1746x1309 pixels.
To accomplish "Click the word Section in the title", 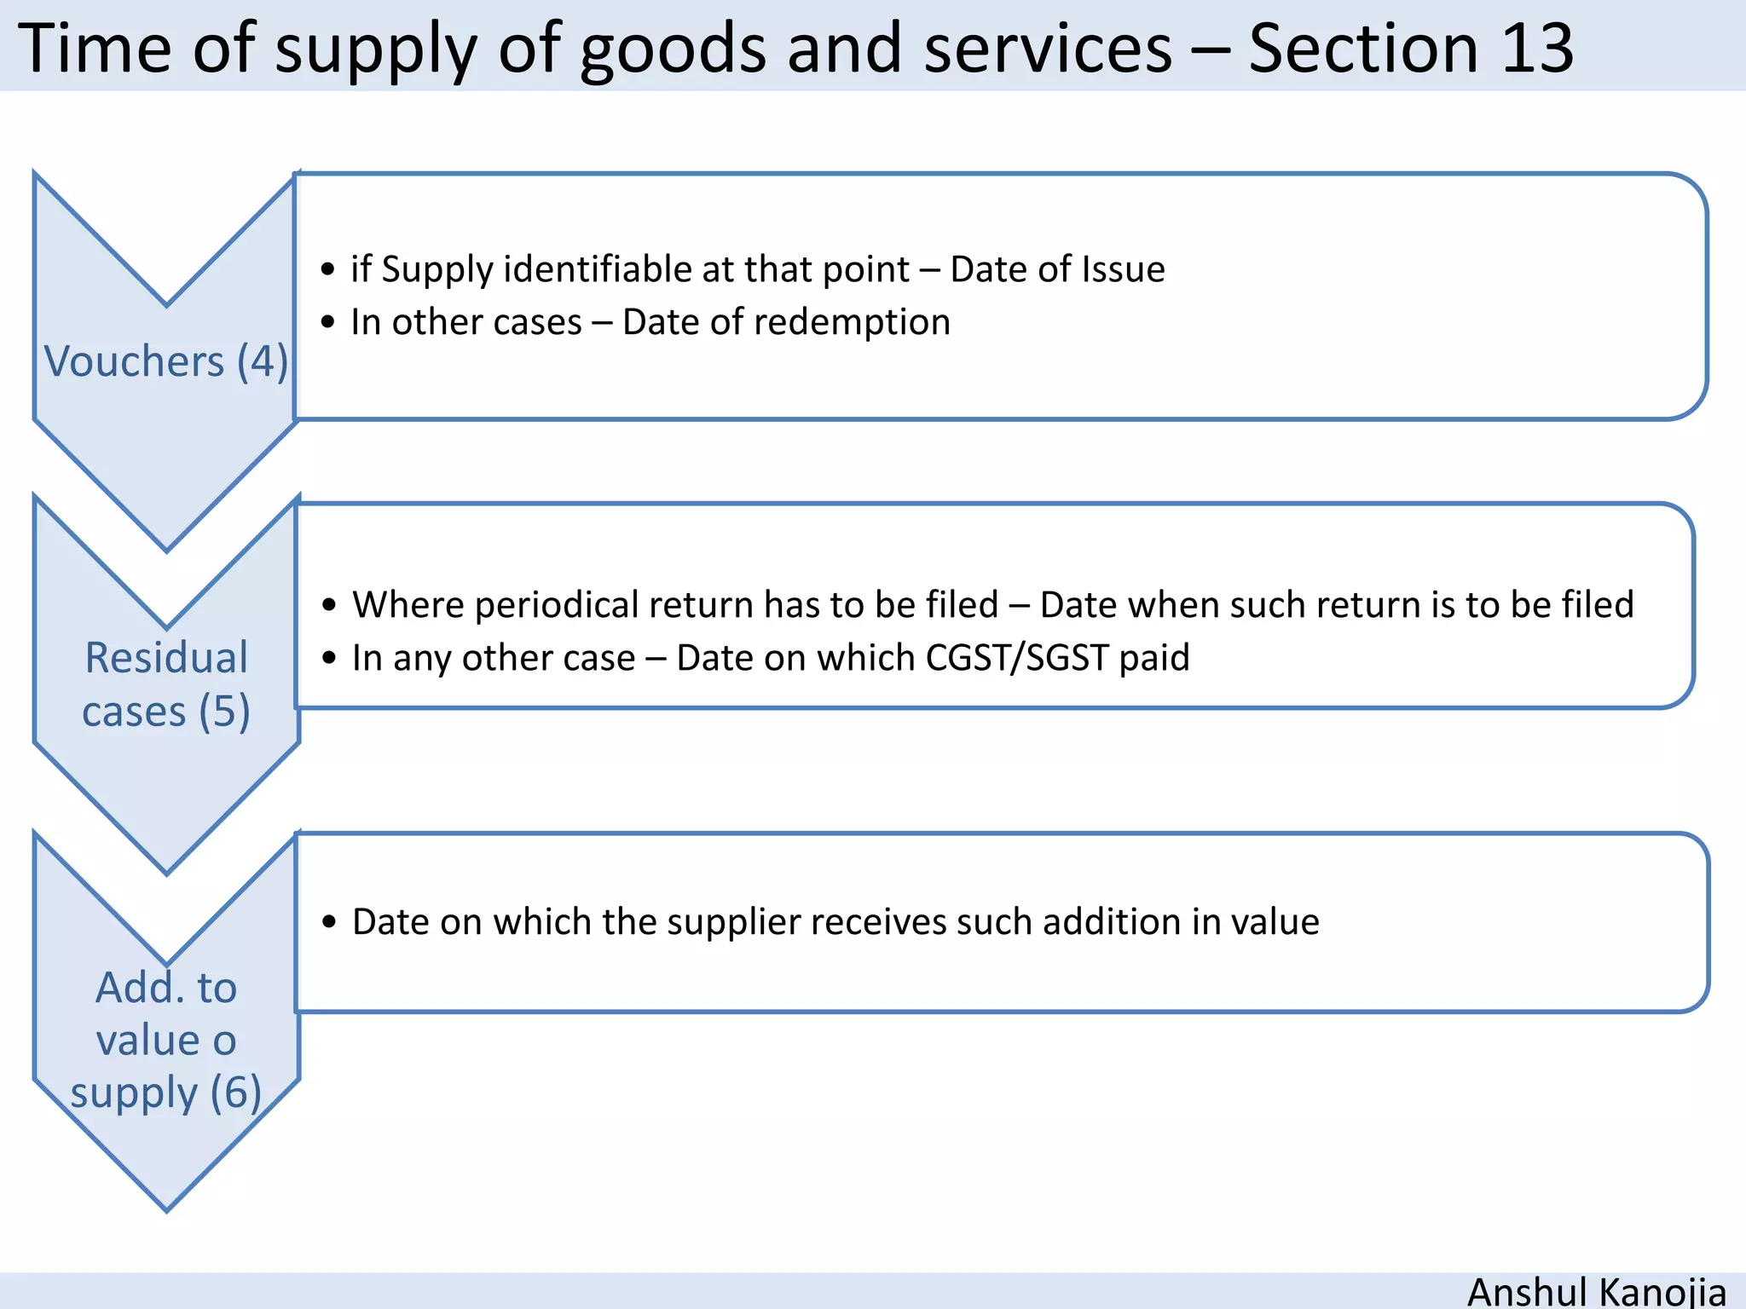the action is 1363,48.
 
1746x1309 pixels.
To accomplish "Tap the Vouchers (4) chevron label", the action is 166,361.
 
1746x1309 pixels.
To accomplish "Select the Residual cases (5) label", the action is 166,684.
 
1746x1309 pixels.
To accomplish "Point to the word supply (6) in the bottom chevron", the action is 166,1093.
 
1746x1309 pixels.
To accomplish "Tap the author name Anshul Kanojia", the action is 1596,1290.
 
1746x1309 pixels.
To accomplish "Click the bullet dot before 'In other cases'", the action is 328,323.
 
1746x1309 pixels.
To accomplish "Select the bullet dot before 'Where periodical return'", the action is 330,606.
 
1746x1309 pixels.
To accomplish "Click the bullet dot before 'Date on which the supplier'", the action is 330,923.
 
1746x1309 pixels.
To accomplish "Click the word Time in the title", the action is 95,48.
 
